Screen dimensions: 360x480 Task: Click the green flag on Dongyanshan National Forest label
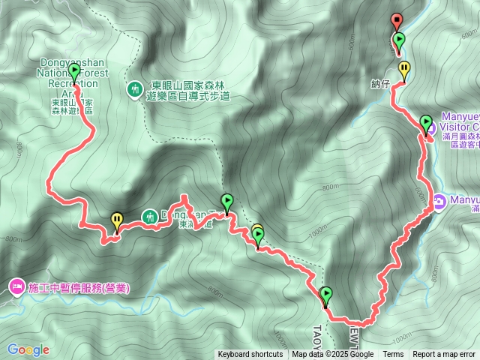coord(74,71)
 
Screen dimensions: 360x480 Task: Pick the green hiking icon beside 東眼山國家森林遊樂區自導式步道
coord(134,89)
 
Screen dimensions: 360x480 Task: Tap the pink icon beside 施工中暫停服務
coord(16,287)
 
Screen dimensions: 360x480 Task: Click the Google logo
coord(28,349)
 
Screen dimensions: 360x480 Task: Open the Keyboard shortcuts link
coord(250,355)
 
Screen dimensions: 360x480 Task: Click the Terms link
coord(393,355)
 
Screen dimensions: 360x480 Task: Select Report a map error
coord(444,355)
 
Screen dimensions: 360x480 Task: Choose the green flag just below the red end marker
coord(399,40)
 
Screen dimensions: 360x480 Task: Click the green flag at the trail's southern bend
coord(325,295)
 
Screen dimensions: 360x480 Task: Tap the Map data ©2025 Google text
coord(332,355)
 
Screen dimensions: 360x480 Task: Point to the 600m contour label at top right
coord(469,34)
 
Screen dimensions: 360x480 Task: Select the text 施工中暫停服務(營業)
coord(79,287)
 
